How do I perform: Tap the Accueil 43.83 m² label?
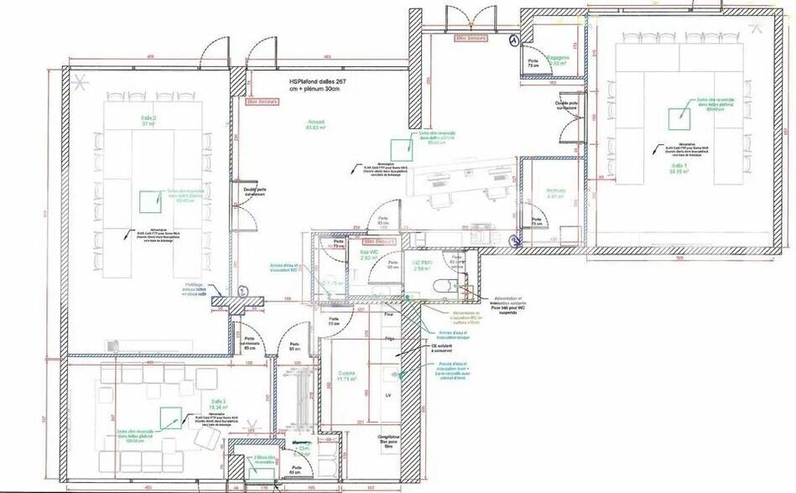(x=315, y=125)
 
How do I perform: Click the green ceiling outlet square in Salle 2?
(x=149, y=202)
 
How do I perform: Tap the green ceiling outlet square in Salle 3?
(x=170, y=419)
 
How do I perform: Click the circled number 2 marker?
(x=242, y=291)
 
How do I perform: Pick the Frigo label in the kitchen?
(x=388, y=338)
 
